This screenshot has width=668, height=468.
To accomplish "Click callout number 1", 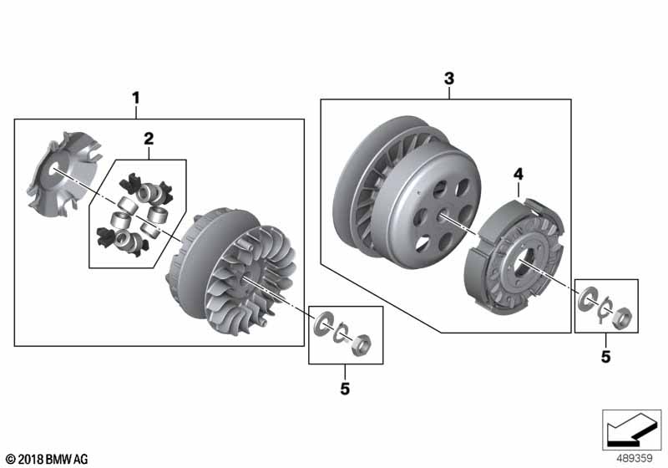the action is (x=135, y=99).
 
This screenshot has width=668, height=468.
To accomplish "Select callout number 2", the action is (x=149, y=139).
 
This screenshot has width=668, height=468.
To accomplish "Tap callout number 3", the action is (x=449, y=79).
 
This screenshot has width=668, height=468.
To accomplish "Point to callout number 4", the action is (x=518, y=175).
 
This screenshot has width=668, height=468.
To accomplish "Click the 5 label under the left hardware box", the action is (x=345, y=389).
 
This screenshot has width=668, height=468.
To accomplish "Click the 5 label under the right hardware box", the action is (x=605, y=357).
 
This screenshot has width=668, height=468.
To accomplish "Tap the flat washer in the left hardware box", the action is (x=322, y=323).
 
